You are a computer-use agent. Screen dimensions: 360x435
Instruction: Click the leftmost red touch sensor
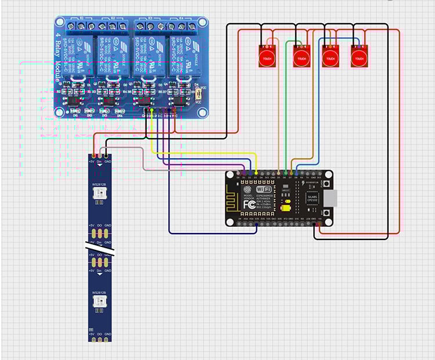pyautogui.click(x=267, y=56)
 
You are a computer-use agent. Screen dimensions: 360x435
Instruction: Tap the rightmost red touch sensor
pyautogui.click(x=359, y=56)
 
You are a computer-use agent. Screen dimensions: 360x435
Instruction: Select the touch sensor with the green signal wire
pyautogui.click(x=300, y=56)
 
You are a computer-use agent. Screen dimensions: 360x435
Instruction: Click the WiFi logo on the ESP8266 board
pyautogui.click(x=263, y=189)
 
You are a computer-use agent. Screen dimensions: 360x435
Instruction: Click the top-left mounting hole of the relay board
pyautogui.click(x=59, y=22)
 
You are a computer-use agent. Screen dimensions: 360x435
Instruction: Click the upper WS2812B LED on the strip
pyautogui.click(x=99, y=191)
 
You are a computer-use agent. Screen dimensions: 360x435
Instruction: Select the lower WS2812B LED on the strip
pyautogui.click(x=99, y=300)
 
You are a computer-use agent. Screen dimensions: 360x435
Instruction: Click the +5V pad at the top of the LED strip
pyautogui.click(x=92, y=156)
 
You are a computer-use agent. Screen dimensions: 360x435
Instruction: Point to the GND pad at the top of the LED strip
pyautogui.click(x=107, y=156)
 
